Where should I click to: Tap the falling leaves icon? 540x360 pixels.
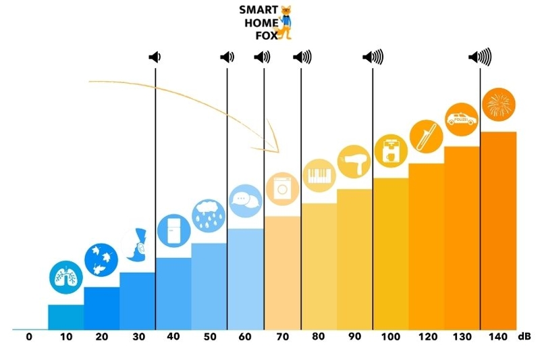101,259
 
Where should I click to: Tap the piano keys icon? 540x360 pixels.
318,175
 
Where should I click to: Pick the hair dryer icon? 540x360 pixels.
354,161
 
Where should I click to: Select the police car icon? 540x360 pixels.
462,119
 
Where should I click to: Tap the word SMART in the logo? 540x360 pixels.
256,10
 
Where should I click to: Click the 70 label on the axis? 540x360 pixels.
281,336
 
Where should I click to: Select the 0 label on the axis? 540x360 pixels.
29,336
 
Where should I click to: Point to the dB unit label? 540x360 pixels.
524,336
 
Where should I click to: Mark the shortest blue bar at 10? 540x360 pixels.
66,317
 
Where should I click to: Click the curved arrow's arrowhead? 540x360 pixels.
273,143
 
